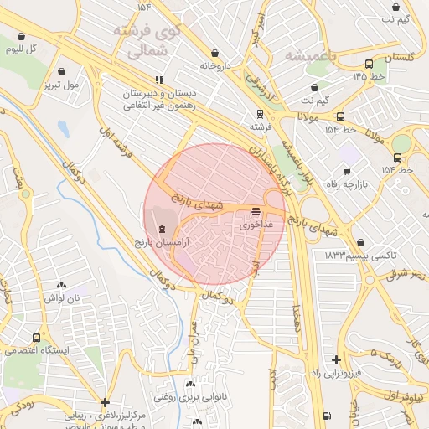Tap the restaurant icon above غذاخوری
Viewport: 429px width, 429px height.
(256, 213)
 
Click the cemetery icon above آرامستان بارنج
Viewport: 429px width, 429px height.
(162, 229)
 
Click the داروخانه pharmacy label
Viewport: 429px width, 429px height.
(214, 65)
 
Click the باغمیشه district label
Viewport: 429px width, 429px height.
(310, 55)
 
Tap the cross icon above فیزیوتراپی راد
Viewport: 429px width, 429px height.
(336, 359)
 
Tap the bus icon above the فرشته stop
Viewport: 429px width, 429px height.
(259, 114)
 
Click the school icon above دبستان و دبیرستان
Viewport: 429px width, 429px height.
(161, 80)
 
